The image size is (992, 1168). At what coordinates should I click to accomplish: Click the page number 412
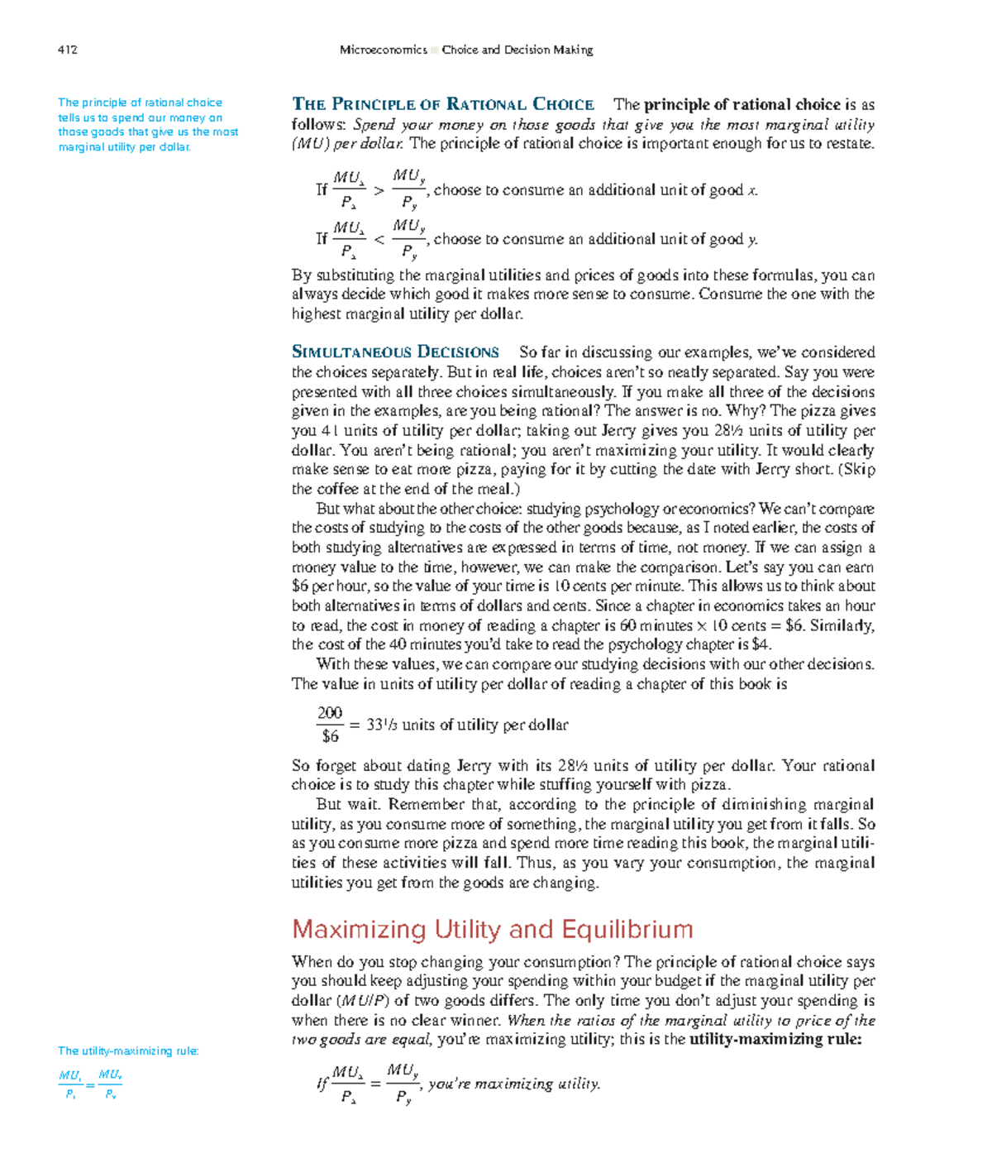coord(68,50)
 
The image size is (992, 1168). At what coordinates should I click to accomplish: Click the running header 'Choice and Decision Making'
coord(517,50)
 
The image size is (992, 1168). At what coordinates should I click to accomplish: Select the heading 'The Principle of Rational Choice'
coord(443,104)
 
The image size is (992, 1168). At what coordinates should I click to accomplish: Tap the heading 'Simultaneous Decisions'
coord(396,352)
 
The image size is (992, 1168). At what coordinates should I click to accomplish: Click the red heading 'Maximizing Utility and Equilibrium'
coord(493,929)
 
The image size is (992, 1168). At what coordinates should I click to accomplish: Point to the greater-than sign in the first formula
coord(379,191)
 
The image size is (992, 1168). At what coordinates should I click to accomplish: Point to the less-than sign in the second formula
coord(379,240)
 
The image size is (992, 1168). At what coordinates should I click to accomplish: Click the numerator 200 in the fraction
coord(330,713)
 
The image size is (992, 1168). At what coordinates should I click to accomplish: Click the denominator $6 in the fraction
coord(330,735)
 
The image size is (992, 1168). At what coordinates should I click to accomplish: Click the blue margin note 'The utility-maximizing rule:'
coord(128,1051)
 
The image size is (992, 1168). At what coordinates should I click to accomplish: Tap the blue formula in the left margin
coord(90,1084)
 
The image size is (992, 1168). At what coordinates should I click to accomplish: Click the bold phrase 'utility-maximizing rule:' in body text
coord(775,1040)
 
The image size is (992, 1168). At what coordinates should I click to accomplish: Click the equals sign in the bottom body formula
coord(376,1084)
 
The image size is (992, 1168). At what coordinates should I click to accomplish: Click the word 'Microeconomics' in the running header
coord(383,50)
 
